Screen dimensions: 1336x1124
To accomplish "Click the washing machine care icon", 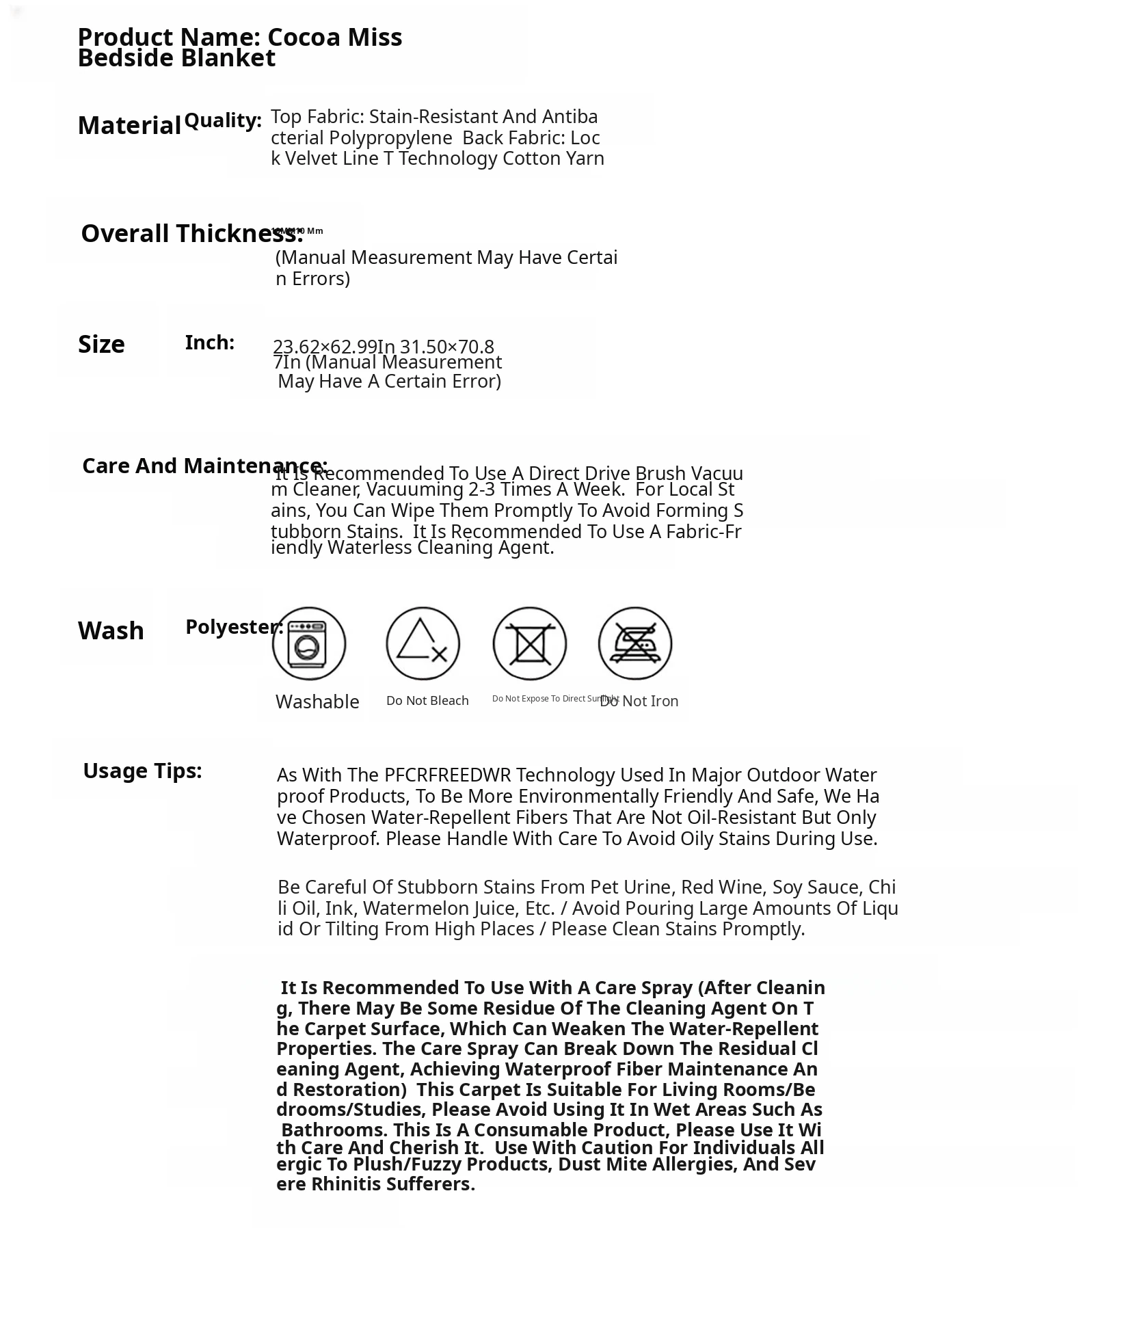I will [x=308, y=643].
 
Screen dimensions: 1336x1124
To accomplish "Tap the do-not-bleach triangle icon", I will [x=423, y=643].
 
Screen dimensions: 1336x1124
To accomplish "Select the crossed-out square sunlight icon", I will [x=529, y=643].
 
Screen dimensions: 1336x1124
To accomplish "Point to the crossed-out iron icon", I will [x=634, y=643].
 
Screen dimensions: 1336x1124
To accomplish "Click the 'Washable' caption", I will [x=317, y=702].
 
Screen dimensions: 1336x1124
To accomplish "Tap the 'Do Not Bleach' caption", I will [x=427, y=701].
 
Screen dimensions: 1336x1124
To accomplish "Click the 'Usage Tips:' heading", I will [x=142, y=771].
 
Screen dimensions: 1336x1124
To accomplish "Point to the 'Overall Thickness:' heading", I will [x=191, y=234].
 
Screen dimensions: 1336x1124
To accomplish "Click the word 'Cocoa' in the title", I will [x=304, y=38].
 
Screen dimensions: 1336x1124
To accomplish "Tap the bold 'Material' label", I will [x=129, y=126].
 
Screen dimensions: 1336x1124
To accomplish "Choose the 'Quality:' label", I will [x=223, y=121].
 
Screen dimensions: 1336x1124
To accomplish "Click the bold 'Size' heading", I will [x=101, y=345].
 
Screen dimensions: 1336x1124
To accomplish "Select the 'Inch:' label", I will [x=209, y=343].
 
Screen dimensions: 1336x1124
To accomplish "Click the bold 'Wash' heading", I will [x=111, y=630].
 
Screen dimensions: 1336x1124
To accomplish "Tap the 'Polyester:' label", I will [x=234, y=627].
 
